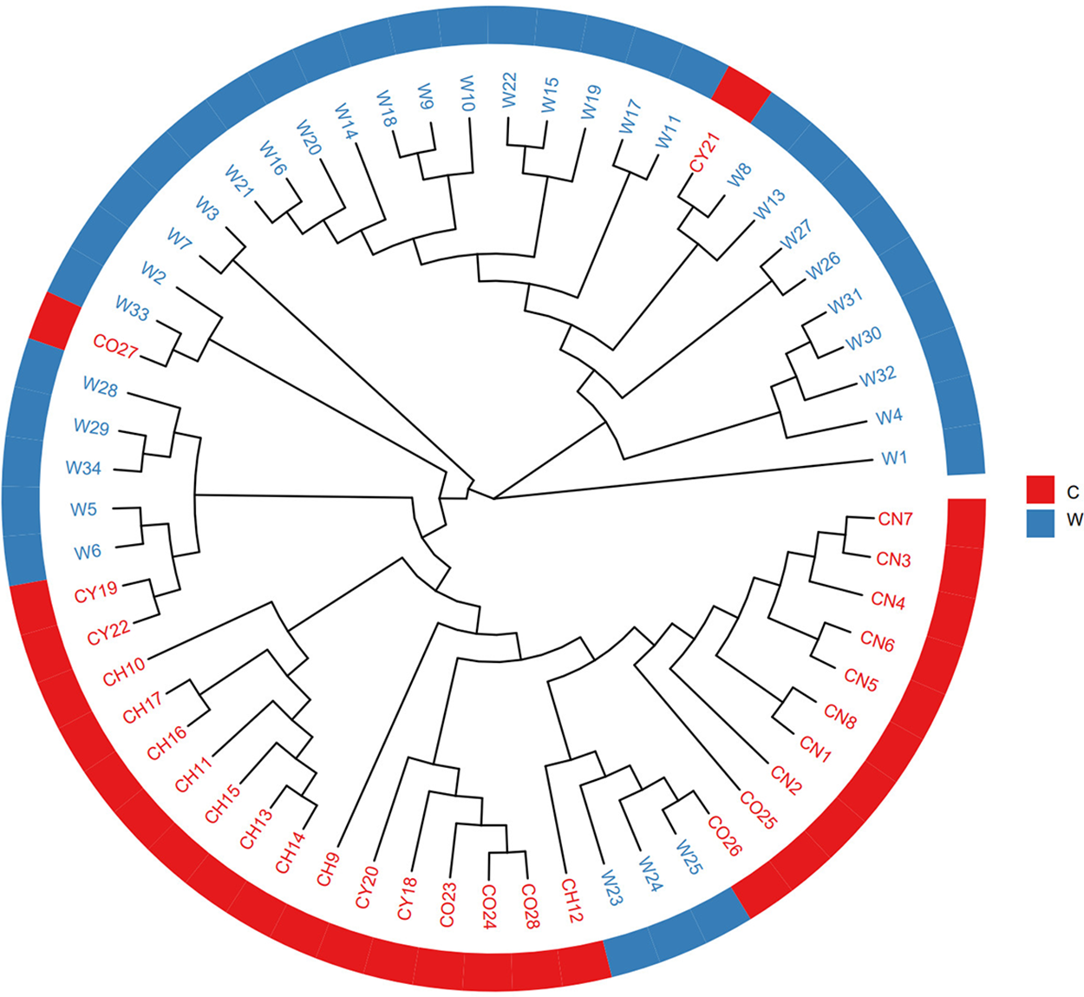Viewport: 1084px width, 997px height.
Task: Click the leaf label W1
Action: tap(894, 457)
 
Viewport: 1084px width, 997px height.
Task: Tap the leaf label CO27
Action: tap(115, 347)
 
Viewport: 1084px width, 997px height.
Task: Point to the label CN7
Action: tap(895, 519)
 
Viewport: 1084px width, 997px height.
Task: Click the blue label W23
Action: tap(609, 887)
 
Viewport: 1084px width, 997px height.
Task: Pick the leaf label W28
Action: tap(101, 387)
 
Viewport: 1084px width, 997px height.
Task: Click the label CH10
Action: tap(124, 672)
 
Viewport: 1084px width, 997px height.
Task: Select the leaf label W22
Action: tap(509, 90)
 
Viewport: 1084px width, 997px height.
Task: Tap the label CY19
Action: tap(95, 593)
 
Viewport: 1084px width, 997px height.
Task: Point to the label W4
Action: tap(889, 417)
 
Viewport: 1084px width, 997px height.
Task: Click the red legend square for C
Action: tap(1040, 490)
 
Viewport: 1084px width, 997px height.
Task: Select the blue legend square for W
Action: tap(1040, 522)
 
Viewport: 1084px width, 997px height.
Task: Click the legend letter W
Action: tap(1074, 521)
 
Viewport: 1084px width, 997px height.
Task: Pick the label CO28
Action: tap(531, 906)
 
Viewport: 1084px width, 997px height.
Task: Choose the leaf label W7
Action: tap(180, 241)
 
